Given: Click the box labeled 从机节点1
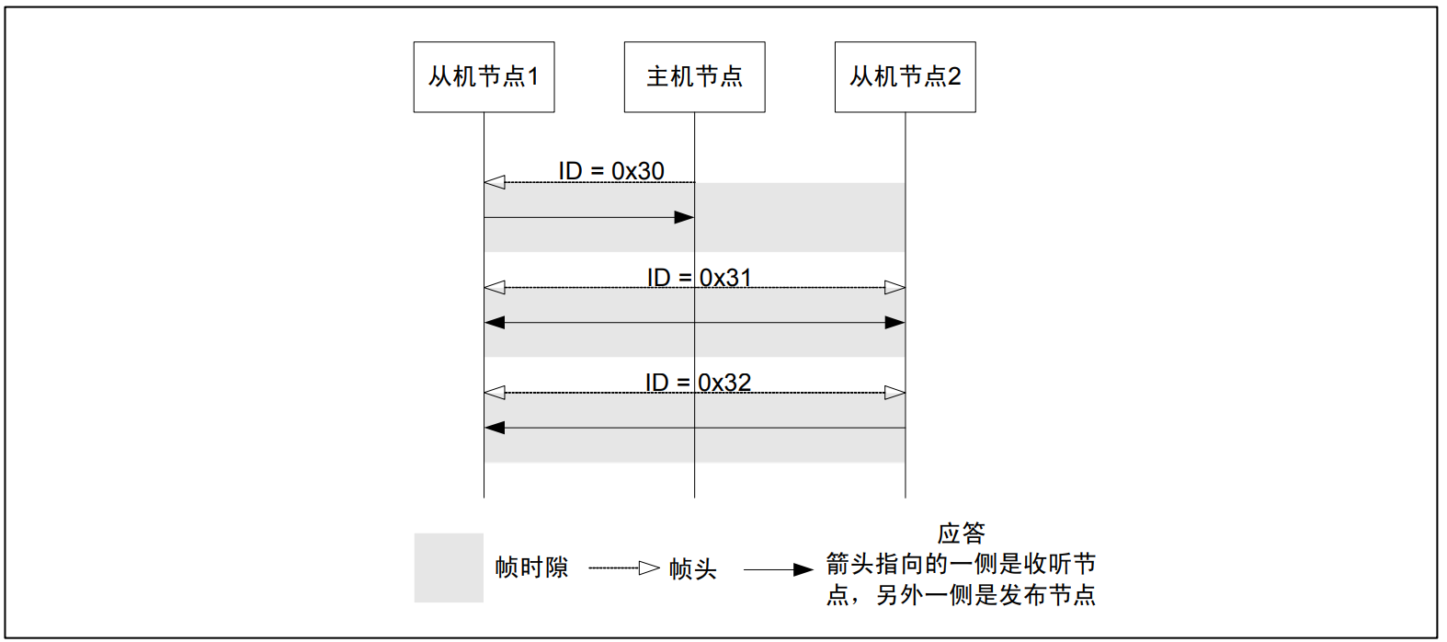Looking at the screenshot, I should (484, 77).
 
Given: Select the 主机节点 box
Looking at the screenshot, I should (694, 77).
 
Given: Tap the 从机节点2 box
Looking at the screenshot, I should (905, 77).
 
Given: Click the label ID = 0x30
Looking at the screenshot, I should (611, 171).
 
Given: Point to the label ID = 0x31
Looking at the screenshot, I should (699, 277).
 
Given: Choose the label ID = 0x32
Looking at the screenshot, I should (698, 382).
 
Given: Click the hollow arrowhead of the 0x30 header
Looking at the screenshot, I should (495, 182).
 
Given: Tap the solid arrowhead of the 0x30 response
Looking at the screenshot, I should (684, 217).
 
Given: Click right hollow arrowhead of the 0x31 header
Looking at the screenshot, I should (894, 288).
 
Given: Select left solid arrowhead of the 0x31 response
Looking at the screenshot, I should (495, 323).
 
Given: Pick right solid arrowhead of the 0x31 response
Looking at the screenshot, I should (894, 323).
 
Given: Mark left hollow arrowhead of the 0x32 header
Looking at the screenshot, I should (495, 393).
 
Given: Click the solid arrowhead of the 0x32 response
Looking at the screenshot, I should (495, 428).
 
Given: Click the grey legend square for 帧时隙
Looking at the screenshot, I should (449, 567).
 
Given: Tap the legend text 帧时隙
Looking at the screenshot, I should (531, 567).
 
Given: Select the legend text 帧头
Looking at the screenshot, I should (692, 569).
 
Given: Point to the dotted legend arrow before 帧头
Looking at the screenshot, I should (624, 568).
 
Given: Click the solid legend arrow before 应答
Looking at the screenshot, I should (778, 569).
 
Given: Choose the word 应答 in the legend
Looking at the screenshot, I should (961, 533).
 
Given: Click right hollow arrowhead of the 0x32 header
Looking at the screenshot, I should (894, 393).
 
